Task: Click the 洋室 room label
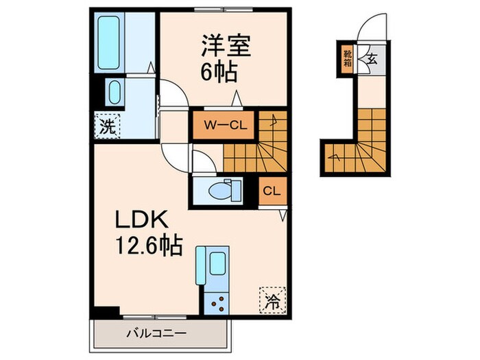(226, 47)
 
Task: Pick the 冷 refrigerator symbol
(272, 300)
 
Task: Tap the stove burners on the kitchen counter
(219, 300)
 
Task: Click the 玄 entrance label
(371, 58)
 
